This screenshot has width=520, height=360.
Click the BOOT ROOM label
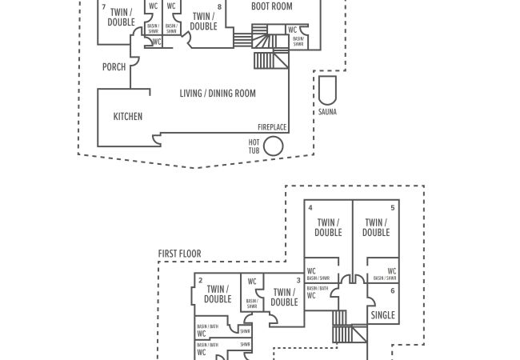pyautogui.click(x=272, y=6)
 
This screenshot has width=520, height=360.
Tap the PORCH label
pyautogui.click(x=114, y=67)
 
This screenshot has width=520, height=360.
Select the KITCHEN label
pyautogui.click(x=128, y=117)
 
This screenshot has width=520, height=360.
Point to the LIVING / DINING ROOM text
pyautogui.click(x=218, y=94)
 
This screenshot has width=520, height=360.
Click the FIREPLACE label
pyautogui.click(x=272, y=127)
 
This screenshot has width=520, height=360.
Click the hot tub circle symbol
pyautogui.click(x=274, y=146)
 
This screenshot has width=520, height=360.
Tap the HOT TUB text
pyautogui.click(x=254, y=146)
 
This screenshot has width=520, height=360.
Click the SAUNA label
pyautogui.click(x=328, y=112)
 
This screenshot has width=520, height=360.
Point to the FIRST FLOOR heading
pyautogui.click(x=179, y=254)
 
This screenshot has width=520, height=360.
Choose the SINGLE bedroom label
pyautogui.click(x=383, y=315)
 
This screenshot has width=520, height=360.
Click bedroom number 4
pyautogui.click(x=310, y=207)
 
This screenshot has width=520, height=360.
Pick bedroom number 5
pyautogui.click(x=393, y=207)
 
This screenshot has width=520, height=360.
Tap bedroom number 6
pyautogui.click(x=393, y=291)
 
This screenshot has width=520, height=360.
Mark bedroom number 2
pyautogui.click(x=200, y=280)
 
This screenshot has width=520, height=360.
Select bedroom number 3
pyautogui.click(x=298, y=280)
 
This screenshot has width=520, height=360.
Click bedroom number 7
pyautogui.click(x=103, y=7)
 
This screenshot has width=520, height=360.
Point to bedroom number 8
pyautogui.click(x=218, y=7)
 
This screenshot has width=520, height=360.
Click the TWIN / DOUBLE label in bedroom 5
pyautogui.click(x=376, y=228)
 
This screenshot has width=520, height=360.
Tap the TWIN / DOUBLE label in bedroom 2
pyautogui.click(x=218, y=294)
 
